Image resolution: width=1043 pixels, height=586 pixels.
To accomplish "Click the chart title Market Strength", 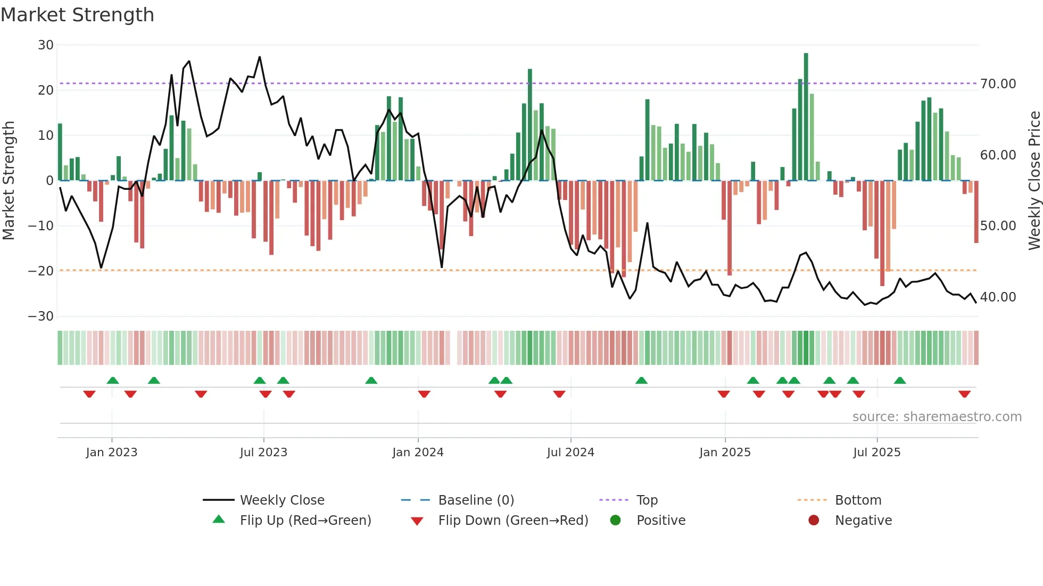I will (x=77, y=15).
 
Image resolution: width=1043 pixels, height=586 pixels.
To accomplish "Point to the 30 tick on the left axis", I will (x=46, y=45).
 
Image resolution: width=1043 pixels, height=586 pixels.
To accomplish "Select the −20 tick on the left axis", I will (x=41, y=271).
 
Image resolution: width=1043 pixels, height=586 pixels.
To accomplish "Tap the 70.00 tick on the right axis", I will (x=998, y=84).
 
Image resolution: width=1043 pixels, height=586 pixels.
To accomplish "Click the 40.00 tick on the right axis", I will (x=998, y=297).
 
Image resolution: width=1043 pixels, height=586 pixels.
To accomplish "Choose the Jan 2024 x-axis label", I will (x=418, y=453).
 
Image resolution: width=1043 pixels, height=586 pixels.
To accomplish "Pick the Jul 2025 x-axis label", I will (x=876, y=453).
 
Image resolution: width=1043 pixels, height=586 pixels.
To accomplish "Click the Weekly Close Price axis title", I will (x=1034, y=181).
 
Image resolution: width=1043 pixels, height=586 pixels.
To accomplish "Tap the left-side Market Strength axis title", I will (x=9, y=181).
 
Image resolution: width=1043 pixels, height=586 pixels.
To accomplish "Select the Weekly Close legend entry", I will (x=282, y=500).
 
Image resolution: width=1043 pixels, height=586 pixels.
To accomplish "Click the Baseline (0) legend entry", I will (x=476, y=500).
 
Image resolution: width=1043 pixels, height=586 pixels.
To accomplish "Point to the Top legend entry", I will (x=647, y=500).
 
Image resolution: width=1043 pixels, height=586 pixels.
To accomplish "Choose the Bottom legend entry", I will (x=858, y=500).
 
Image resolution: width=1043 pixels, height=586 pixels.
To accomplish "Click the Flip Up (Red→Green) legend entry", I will (x=305, y=521).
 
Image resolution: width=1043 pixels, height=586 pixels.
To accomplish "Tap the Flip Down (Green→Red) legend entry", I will (x=513, y=521).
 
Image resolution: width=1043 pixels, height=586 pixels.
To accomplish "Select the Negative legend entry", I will (x=863, y=521).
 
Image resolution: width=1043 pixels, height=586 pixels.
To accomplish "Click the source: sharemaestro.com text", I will (x=937, y=417).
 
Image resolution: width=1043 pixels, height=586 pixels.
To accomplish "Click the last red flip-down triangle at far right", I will (x=964, y=394).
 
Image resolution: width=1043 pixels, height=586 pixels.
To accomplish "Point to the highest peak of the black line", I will (x=260, y=57).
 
